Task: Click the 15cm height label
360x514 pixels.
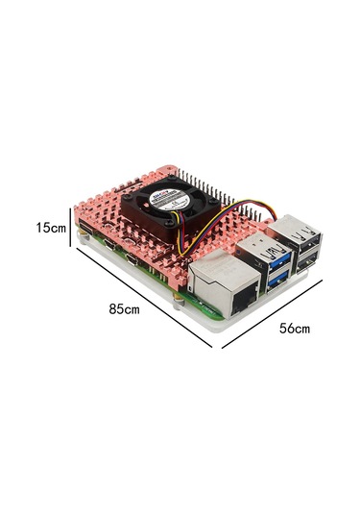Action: coord(50,229)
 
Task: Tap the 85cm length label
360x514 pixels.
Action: coord(125,310)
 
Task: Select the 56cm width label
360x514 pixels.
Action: coord(295,328)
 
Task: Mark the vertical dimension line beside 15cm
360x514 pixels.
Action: coord(70,228)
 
